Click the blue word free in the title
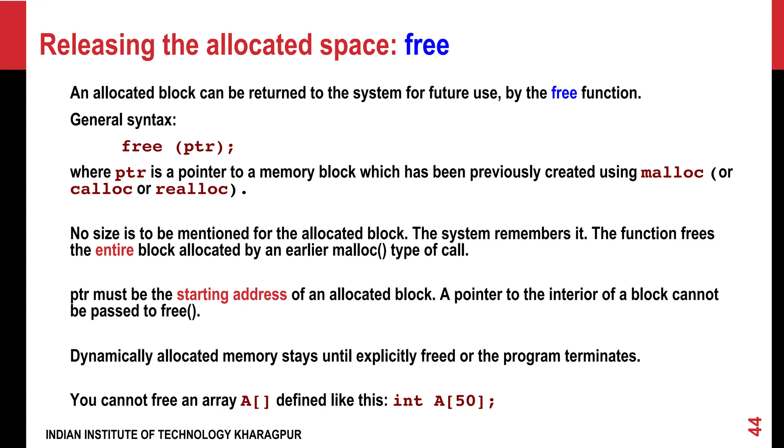coord(426,45)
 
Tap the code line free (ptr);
coord(178,147)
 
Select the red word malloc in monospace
coord(672,173)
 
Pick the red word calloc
coord(101,189)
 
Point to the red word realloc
coord(192,189)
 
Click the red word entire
coord(114,250)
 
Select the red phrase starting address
coord(232,295)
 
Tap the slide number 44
coord(755,426)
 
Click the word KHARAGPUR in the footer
coord(268,435)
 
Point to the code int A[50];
coord(444,401)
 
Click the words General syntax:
coord(123,120)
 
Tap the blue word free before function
coord(564,93)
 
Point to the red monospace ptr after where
coord(131,173)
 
